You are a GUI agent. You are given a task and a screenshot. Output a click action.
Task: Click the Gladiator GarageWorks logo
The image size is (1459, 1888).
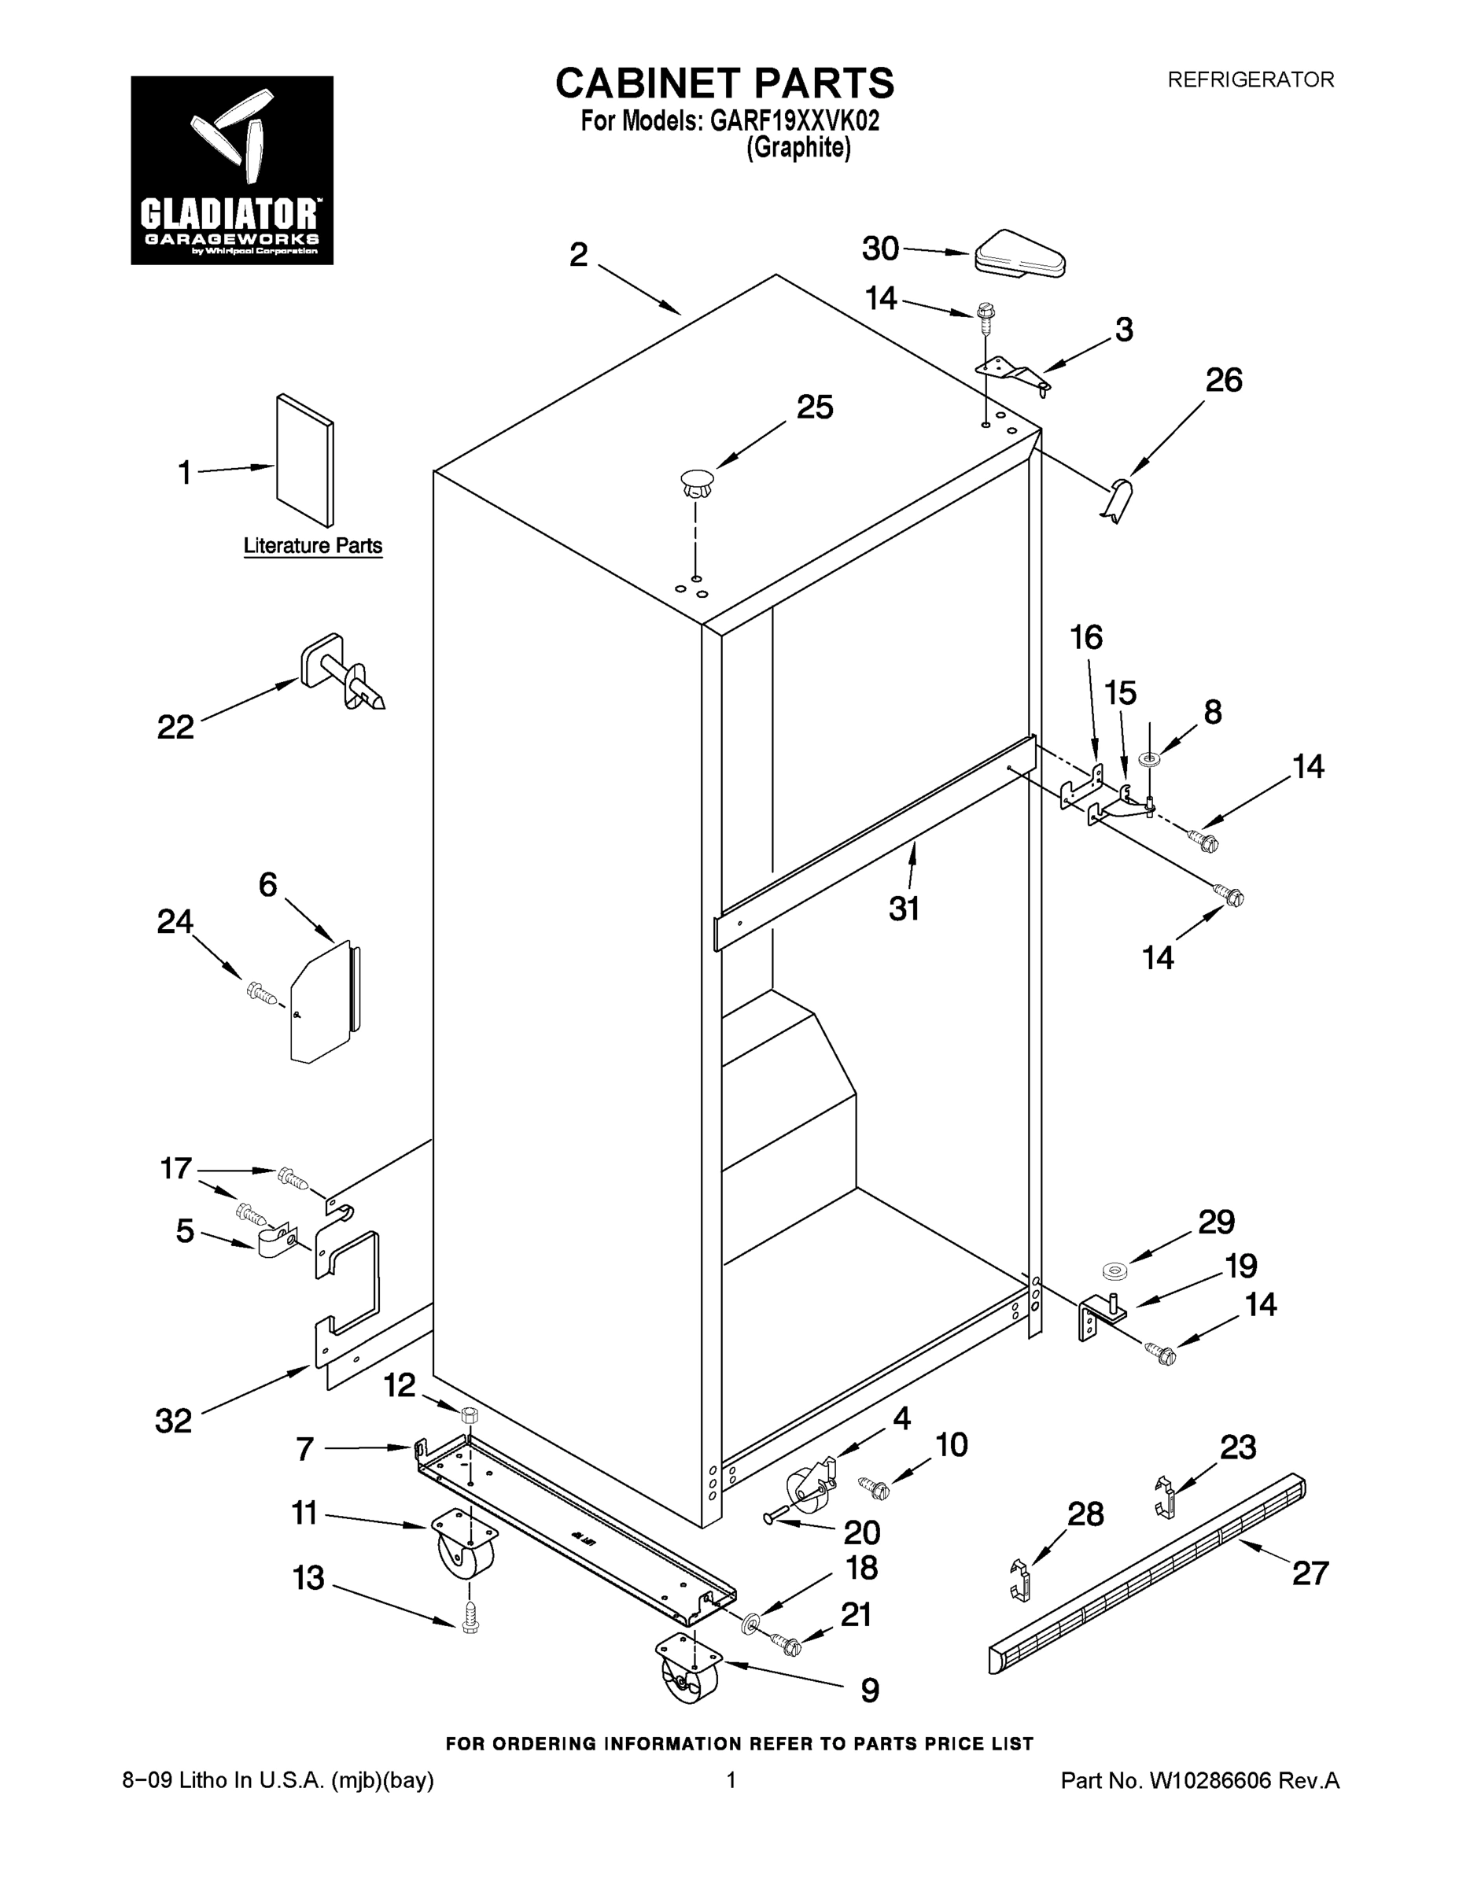(232, 170)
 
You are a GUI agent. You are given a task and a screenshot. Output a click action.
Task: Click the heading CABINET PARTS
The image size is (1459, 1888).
(724, 84)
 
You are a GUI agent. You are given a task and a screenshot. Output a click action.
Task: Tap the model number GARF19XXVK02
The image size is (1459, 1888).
(794, 121)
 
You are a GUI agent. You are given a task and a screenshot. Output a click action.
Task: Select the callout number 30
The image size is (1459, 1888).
(881, 249)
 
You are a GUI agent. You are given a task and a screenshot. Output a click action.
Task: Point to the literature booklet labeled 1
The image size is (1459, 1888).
(304, 460)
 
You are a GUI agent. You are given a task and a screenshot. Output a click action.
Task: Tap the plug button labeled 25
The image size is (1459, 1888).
(697, 482)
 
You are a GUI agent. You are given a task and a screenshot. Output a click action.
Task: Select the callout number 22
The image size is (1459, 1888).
(175, 727)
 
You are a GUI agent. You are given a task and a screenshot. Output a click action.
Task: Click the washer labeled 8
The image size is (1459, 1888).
(1151, 759)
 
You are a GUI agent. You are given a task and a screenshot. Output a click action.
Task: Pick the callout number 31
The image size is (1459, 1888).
(904, 909)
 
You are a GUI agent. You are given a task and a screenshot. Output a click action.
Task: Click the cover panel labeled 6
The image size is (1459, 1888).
(324, 1002)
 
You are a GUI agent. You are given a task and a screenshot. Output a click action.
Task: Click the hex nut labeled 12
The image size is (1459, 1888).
(470, 1414)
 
